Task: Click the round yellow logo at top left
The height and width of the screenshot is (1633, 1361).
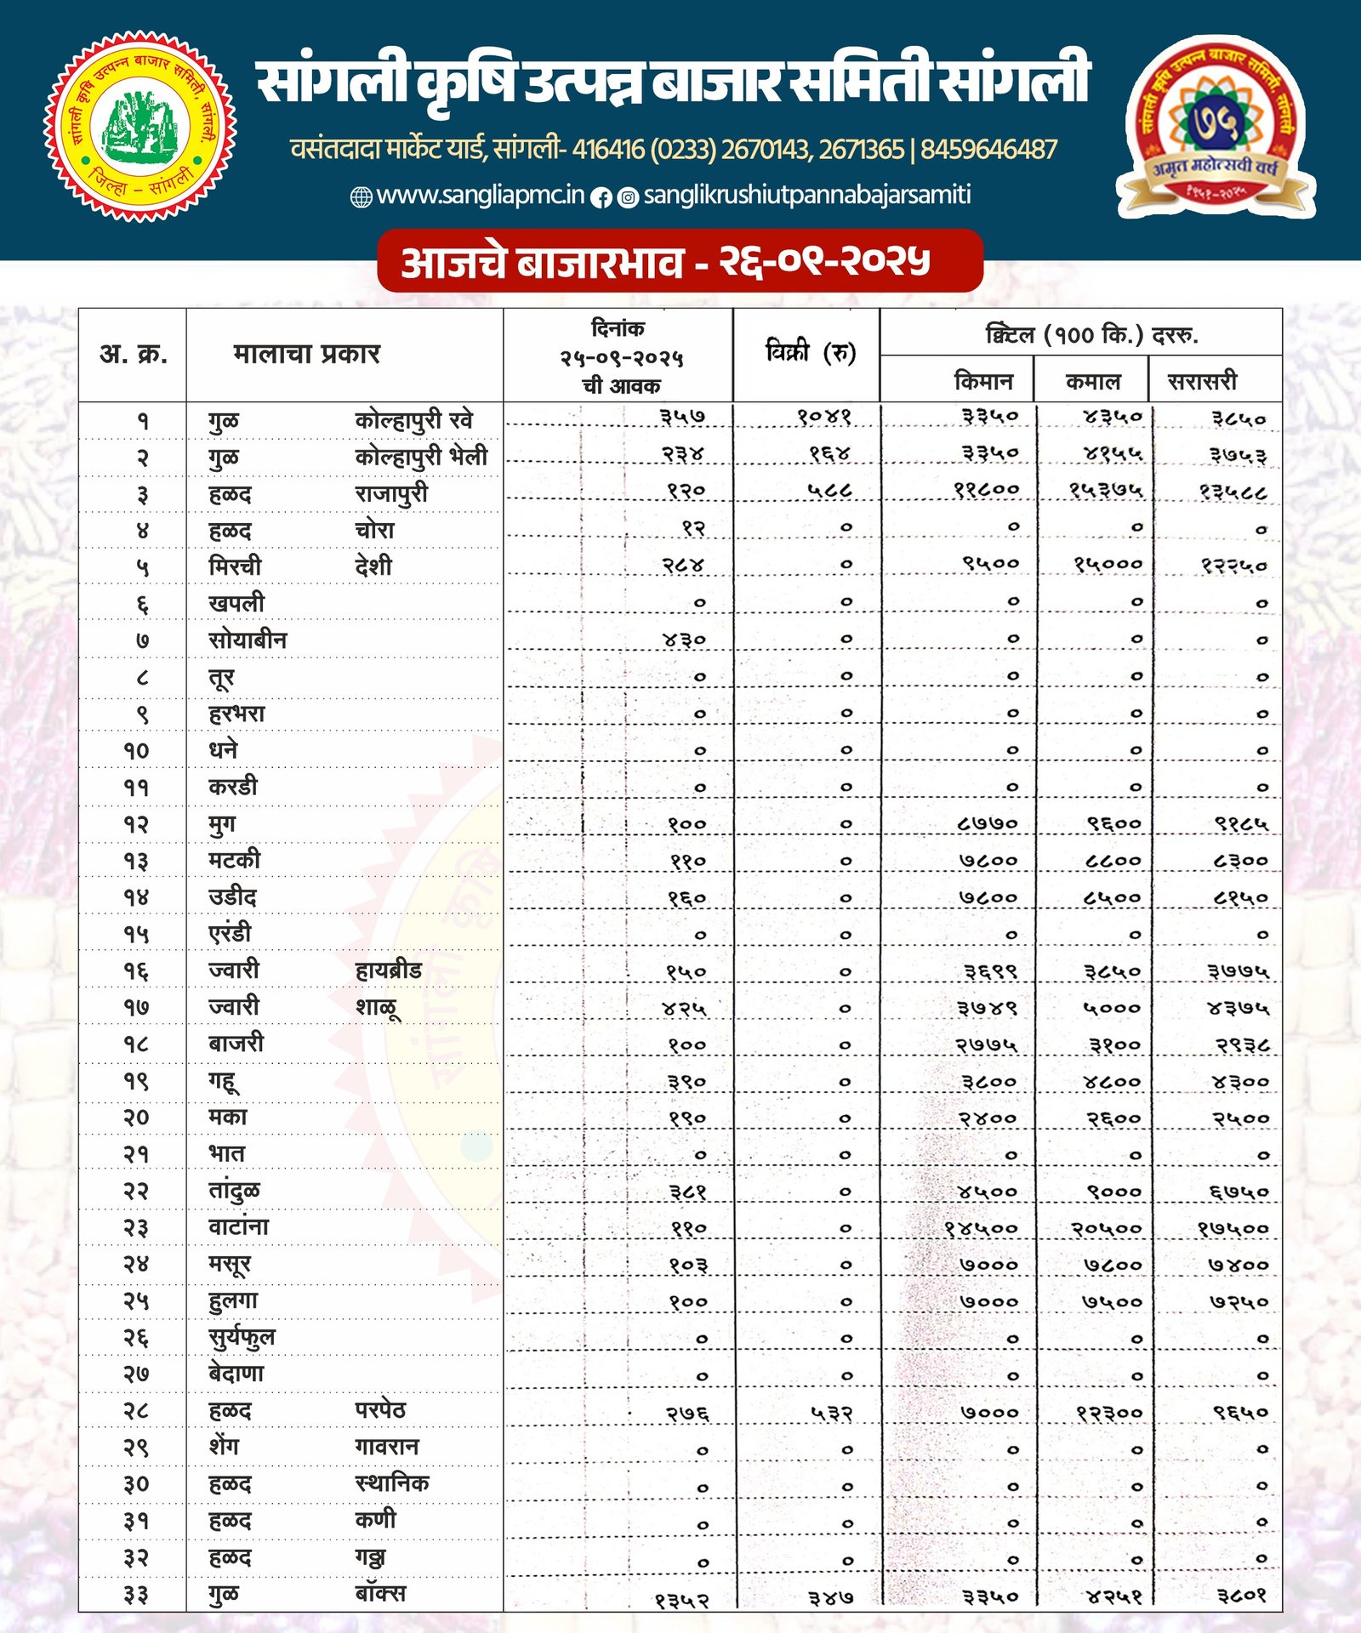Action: click(x=140, y=127)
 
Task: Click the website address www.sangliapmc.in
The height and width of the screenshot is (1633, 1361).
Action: click(x=481, y=196)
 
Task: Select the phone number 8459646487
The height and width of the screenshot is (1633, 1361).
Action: click(x=988, y=151)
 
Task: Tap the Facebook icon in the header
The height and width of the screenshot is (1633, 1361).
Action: click(x=601, y=197)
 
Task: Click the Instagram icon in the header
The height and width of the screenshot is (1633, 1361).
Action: click(x=628, y=197)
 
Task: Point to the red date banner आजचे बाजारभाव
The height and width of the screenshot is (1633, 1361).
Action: click(x=680, y=261)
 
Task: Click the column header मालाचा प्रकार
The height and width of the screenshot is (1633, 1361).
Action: click(x=306, y=354)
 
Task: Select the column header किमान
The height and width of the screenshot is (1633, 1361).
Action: click(x=983, y=381)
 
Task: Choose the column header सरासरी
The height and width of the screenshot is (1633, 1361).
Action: click(x=1202, y=381)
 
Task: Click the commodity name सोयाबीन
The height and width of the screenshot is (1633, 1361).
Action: click(x=248, y=640)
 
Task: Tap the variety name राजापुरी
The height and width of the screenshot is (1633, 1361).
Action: click(x=391, y=493)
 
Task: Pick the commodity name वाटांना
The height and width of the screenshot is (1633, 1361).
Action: click(x=238, y=1227)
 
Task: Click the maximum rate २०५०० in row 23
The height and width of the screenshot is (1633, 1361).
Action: click(x=1106, y=1229)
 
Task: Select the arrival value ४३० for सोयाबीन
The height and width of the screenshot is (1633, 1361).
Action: click(x=685, y=640)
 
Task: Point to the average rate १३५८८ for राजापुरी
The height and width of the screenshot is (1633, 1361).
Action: click(x=1233, y=492)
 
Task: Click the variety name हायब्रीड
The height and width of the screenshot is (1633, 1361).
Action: click(x=388, y=970)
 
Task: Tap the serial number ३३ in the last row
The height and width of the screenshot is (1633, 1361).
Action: click(x=136, y=1595)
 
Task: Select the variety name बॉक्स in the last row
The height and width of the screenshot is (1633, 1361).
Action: click(x=380, y=1593)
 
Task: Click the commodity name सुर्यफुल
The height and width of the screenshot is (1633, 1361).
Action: click(x=242, y=1338)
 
